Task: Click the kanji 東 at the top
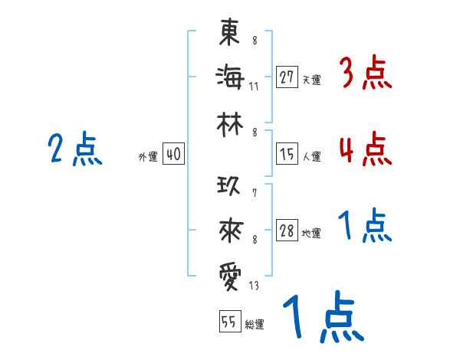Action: click(x=230, y=34)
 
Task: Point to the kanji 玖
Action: click(x=230, y=186)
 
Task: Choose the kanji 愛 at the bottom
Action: click(x=230, y=274)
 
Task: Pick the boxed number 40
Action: click(x=173, y=155)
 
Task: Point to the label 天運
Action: click(x=311, y=80)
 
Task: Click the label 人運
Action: click(x=311, y=157)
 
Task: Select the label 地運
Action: click(x=311, y=234)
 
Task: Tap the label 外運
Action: click(x=148, y=157)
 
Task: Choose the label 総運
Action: click(x=255, y=325)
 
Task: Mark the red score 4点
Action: click(x=364, y=149)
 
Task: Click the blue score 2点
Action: click(x=74, y=149)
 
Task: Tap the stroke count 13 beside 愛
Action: click(x=254, y=286)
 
